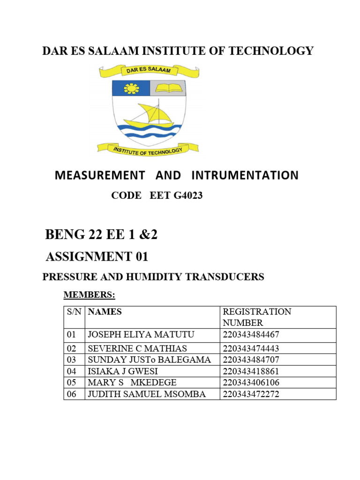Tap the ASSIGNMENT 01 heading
pyautogui.click(x=97, y=256)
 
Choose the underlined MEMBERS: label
pyautogui.click(x=89, y=295)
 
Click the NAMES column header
pyautogui.click(x=105, y=312)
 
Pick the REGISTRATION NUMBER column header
pyautogui.click(x=256, y=317)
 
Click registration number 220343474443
pyautogui.click(x=251, y=348)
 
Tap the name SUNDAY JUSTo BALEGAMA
pyautogui.click(x=149, y=360)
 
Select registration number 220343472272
pyautogui.click(x=251, y=394)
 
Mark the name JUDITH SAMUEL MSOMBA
pyautogui.click(x=146, y=394)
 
